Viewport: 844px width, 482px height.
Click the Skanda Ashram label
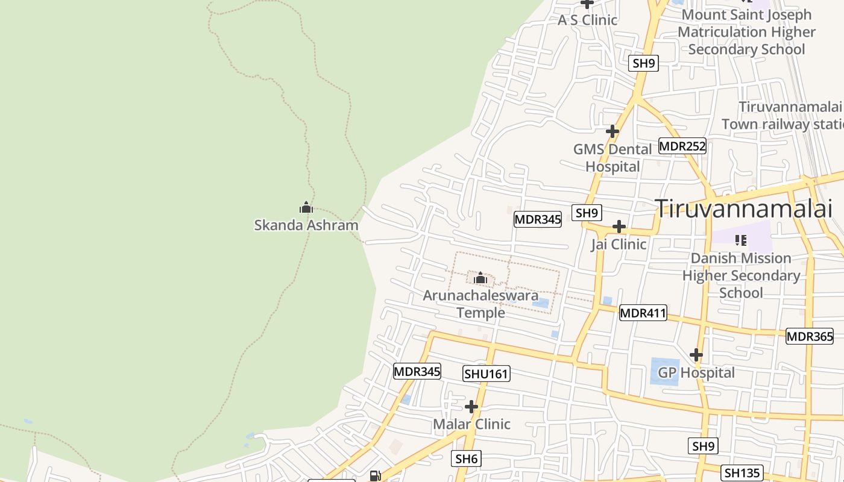click(x=306, y=225)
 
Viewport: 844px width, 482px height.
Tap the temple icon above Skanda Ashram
click(x=306, y=208)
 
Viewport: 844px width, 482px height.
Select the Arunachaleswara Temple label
click(x=480, y=304)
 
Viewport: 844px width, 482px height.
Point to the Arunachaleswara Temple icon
click(x=480, y=278)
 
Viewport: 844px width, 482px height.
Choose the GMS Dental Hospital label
click(x=613, y=158)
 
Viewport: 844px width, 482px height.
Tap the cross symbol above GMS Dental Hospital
click(x=613, y=131)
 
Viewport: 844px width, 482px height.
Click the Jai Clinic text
click(x=619, y=244)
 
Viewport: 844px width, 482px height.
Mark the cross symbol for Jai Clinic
click(x=619, y=227)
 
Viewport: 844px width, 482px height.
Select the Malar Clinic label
click(x=471, y=424)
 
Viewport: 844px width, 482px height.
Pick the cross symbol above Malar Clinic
click(x=471, y=407)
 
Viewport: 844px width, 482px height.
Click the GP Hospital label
click(x=696, y=372)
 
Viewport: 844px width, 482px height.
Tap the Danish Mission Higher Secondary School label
click(x=741, y=275)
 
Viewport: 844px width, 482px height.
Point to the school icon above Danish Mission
click(x=741, y=240)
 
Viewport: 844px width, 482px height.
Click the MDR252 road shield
click(x=682, y=146)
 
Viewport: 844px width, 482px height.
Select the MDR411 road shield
click(x=643, y=313)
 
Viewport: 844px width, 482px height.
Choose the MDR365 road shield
click(x=810, y=337)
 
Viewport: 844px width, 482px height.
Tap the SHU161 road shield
click(x=487, y=374)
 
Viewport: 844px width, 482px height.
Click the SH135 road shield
click(x=742, y=473)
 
